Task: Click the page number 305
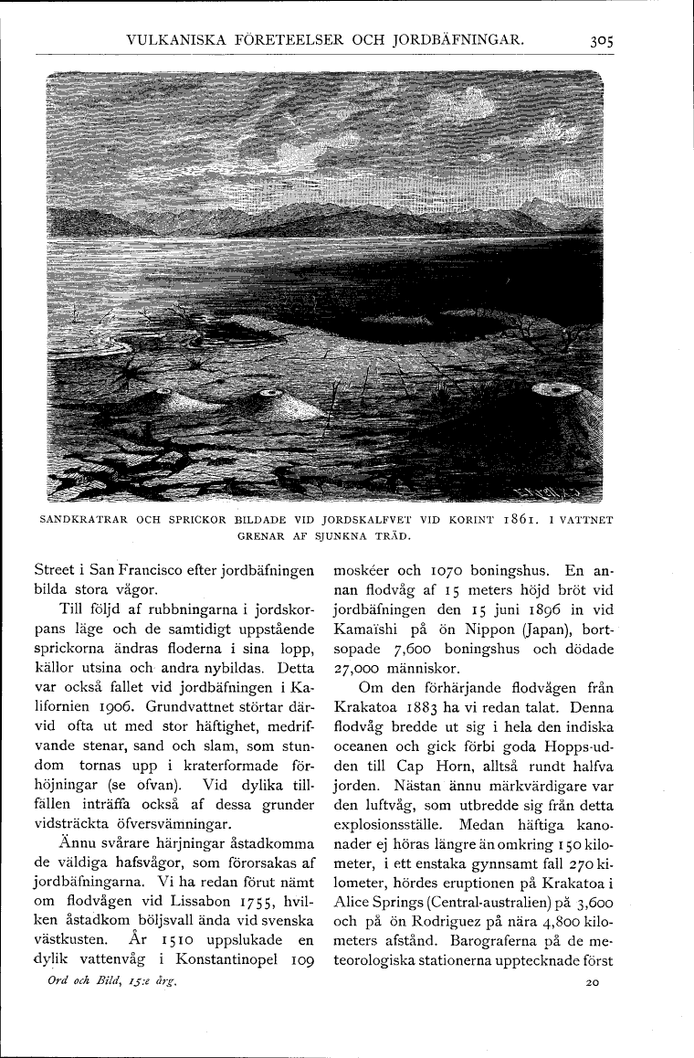(599, 39)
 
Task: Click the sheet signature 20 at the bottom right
(594, 985)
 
